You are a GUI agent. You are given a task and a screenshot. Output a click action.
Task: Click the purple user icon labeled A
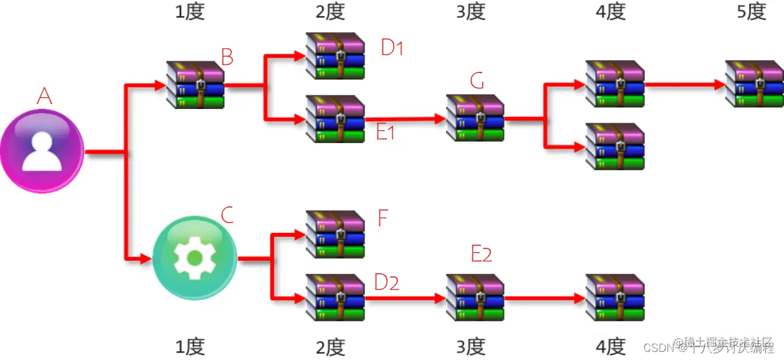pyautogui.click(x=42, y=151)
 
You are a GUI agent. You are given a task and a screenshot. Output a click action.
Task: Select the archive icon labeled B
pyautogui.click(x=195, y=85)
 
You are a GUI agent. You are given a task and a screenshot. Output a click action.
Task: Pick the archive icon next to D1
pyautogui.click(x=335, y=56)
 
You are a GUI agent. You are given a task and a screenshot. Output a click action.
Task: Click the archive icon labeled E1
pyautogui.click(x=335, y=118)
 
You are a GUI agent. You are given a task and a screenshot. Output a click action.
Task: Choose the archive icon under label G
pyautogui.click(x=475, y=118)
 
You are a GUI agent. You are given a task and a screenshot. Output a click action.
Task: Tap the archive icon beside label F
pyautogui.click(x=335, y=234)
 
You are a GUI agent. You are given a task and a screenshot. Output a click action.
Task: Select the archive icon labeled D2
pyautogui.click(x=335, y=297)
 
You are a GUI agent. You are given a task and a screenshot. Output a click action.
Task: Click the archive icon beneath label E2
pyautogui.click(x=475, y=297)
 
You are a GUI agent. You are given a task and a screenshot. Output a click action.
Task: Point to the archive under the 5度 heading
pyautogui.click(x=754, y=84)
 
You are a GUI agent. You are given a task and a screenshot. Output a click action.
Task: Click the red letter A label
pyautogui.click(x=44, y=96)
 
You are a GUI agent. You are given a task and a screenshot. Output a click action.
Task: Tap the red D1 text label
pyautogui.click(x=392, y=48)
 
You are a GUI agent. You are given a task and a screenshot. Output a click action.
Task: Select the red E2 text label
pyautogui.click(x=482, y=253)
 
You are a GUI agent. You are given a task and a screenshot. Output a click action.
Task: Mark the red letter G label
pyautogui.click(x=477, y=81)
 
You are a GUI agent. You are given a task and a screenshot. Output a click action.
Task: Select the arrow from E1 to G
pyautogui.click(x=405, y=118)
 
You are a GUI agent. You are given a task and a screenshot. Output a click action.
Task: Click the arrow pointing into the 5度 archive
pyautogui.click(x=685, y=84)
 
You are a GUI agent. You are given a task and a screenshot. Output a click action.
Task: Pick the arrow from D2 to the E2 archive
pyautogui.click(x=405, y=298)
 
